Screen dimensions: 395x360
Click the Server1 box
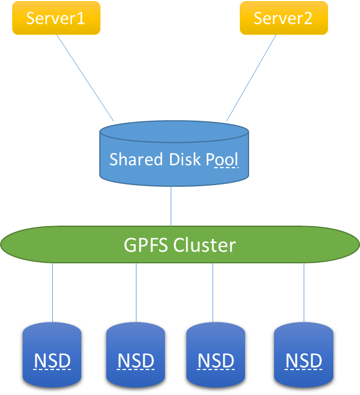point(56,19)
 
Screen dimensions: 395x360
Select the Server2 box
point(283,19)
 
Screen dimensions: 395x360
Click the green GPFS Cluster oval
point(70,245)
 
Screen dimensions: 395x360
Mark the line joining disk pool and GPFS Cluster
point(171,206)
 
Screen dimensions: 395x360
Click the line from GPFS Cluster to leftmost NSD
point(53,293)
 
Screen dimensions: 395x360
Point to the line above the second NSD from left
point(136,293)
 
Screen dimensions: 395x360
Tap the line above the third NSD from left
point(213,293)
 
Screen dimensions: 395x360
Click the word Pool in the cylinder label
point(222,159)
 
